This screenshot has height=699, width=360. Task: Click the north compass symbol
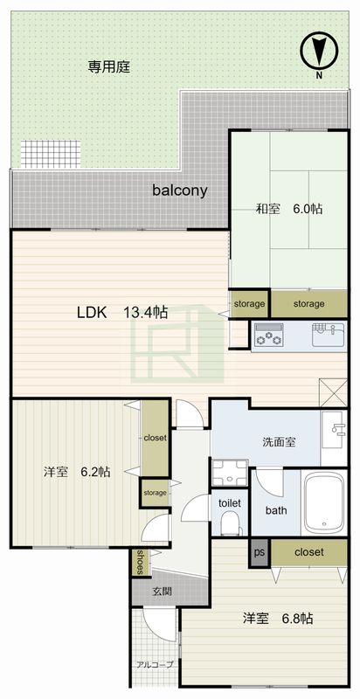[x=319, y=52]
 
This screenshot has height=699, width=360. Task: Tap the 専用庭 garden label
[x=108, y=67]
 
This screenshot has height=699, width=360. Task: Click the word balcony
[x=180, y=190]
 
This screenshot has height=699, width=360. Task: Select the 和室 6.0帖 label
[x=288, y=209]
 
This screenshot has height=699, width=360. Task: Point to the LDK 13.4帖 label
[x=122, y=313]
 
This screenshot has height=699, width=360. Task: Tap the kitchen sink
[x=328, y=335]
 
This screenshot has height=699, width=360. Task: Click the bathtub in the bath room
[x=324, y=502]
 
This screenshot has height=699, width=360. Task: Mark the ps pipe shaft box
[x=260, y=552]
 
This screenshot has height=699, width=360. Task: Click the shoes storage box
[x=139, y=561]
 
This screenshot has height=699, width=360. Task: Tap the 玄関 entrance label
[x=163, y=592]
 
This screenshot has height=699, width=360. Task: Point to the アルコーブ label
[x=155, y=664]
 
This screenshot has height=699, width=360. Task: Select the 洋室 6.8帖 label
[x=278, y=619]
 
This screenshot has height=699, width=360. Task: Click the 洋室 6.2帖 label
[x=78, y=472]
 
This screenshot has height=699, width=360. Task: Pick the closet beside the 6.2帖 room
[x=155, y=438]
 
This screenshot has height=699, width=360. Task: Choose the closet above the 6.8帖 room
[x=309, y=552]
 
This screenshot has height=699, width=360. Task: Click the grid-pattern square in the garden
[x=51, y=154]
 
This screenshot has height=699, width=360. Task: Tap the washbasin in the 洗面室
[x=333, y=431]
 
